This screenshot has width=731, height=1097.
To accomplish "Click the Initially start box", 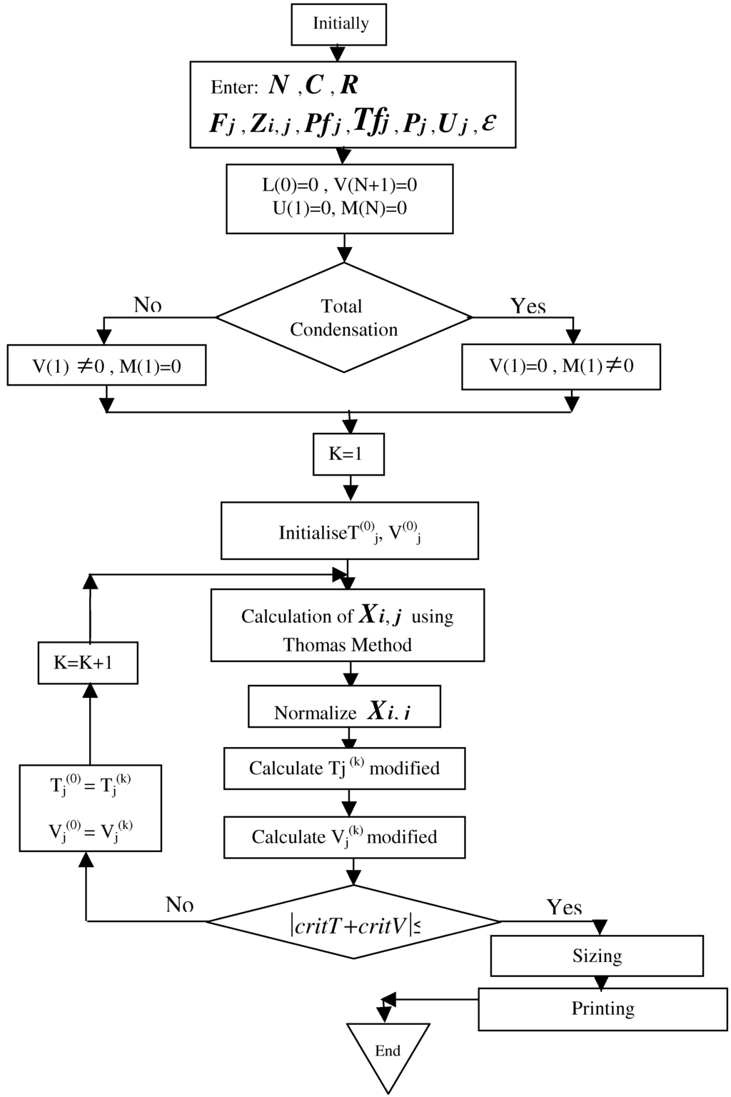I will click(339, 24).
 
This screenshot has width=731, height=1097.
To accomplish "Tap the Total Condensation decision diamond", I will click(343, 318).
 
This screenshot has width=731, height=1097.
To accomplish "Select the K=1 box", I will click(348, 454).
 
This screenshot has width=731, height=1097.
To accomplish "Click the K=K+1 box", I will click(88, 663).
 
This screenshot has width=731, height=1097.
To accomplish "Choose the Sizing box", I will click(597, 956).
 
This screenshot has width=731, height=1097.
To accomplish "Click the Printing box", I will click(603, 1008).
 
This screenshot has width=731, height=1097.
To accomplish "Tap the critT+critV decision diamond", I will click(354, 923).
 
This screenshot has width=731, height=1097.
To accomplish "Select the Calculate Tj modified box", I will click(344, 768).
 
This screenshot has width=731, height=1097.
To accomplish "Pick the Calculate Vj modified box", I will click(344, 837).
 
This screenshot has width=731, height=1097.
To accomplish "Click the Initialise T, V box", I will click(349, 531).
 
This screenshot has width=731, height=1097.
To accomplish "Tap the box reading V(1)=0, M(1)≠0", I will click(560, 367).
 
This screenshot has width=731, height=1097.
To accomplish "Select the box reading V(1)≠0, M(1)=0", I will click(106, 366).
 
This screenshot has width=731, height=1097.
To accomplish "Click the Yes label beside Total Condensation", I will click(528, 306).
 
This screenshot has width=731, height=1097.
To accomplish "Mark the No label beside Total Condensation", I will click(147, 305).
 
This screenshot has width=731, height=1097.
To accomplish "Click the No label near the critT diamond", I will click(179, 905).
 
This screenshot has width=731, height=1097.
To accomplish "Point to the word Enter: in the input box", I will click(234, 88).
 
